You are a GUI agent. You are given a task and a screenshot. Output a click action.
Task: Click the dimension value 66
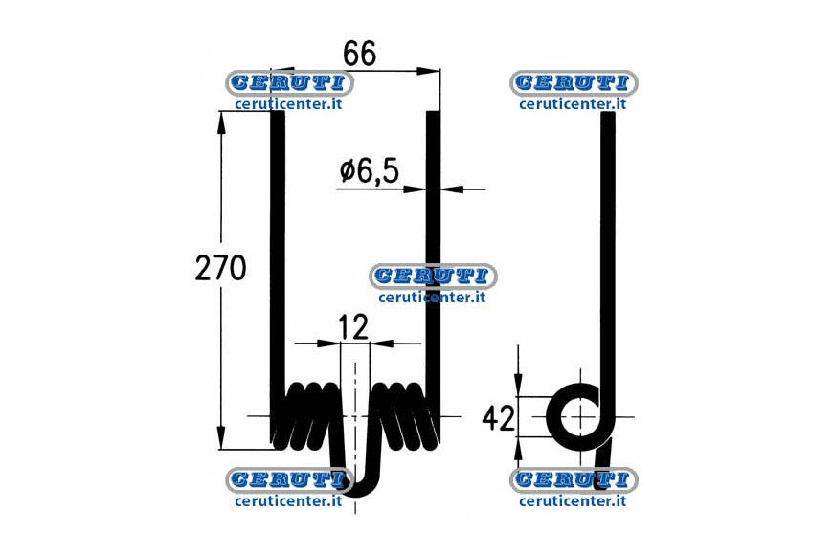point(360,54)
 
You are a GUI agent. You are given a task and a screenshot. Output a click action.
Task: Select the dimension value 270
point(220,268)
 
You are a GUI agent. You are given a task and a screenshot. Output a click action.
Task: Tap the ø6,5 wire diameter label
point(370,171)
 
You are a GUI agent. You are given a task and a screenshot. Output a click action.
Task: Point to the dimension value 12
point(352,327)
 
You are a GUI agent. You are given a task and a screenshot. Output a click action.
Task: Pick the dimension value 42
point(498,417)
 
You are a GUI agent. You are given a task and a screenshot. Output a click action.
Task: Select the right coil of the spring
point(405,415)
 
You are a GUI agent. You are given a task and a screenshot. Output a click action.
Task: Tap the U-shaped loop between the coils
point(355,467)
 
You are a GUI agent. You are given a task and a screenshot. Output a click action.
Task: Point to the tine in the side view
point(608,266)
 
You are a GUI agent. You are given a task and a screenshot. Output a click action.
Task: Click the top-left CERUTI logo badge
point(288,83)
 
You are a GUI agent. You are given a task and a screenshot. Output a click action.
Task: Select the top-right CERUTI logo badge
point(574,83)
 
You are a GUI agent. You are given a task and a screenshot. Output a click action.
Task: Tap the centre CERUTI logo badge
point(433,277)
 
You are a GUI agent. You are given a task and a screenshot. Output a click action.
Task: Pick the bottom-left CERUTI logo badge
point(288,480)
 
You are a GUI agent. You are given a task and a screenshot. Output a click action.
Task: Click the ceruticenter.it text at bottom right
point(573,500)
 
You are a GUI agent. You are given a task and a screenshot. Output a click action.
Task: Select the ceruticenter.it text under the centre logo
point(433,298)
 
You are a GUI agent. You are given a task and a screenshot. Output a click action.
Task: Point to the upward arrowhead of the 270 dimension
point(221,122)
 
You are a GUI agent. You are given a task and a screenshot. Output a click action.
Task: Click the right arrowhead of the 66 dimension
point(428,71)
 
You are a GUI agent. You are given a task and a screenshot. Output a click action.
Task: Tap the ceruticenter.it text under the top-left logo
point(288,104)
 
